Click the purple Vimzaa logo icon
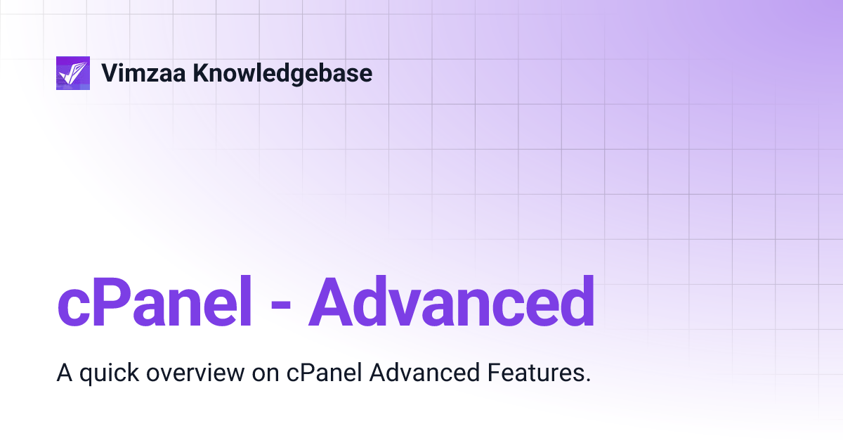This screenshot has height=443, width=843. point(73,72)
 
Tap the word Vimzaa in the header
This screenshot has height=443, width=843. point(143,72)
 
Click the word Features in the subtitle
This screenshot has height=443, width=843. point(534,373)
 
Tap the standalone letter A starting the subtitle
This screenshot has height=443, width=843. point(64,373)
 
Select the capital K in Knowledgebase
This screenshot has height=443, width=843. point(202,72)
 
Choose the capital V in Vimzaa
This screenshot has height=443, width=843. point(110,72)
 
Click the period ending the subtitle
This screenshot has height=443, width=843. point(587,380)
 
